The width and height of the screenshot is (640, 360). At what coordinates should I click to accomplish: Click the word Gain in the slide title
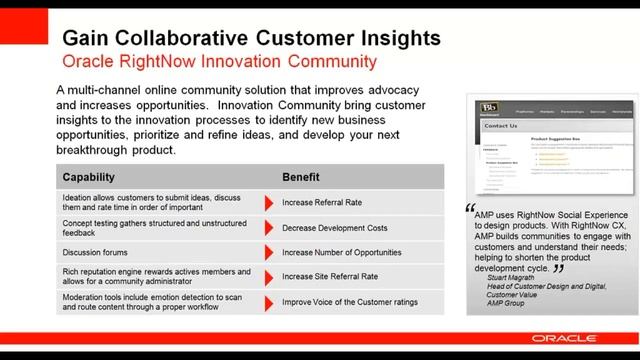pyautogui.click(x=85, y=38)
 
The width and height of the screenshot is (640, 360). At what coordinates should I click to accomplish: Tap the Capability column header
pyautogui.click(x=95, y=177)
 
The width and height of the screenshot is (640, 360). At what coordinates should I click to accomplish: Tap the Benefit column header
pyautogui.click(x=301, y=177)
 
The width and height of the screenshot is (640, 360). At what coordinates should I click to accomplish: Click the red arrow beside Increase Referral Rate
pyautogui.click(x=269, y=203)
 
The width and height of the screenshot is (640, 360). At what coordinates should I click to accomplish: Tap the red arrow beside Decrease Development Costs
pyautogui.click(x=269, y=228)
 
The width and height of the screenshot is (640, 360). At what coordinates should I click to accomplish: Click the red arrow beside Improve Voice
pyautogui.click(x=269, y=301)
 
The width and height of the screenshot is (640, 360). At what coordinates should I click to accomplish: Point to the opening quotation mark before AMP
pyautogui.click(x=471, y=210)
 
